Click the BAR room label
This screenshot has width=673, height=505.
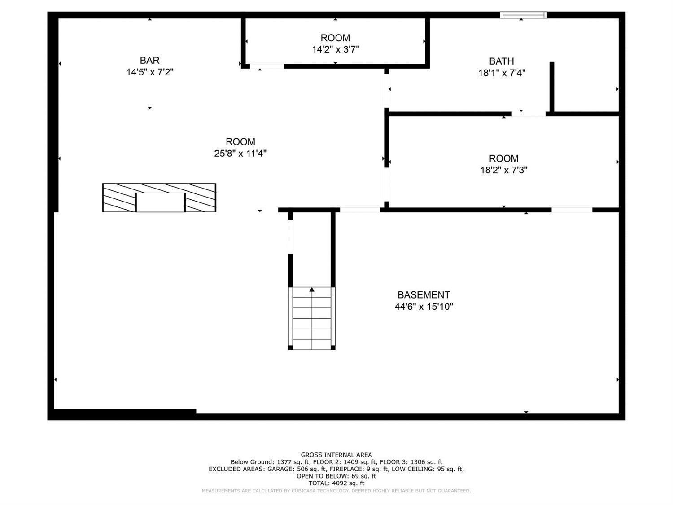pyautogui.click(x=149, y=60)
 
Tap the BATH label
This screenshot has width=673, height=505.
pyautogui.click(x=501, y=61)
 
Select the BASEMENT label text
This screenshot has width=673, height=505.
pyautogui.click(x=424, y=295)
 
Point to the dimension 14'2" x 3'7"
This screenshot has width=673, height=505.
pyautogui.click(x=336, y=49)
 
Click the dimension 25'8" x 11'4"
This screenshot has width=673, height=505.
pyautogui.click(x=240, y=154)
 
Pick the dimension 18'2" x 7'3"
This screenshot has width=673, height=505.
pyautogui.click(x=504, y=170)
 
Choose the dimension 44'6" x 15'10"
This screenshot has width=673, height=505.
pyautogui.click(x=424, y=307)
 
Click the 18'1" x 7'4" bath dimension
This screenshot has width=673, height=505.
pyautogui.click(x=502, y=73)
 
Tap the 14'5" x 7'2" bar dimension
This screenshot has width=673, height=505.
pyautogui.click(x=150, y=72)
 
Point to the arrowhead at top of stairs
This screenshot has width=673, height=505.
pyautogui.click(x=312, y=289)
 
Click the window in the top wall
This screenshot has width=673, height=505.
pyautogui.click(x=524, y=15)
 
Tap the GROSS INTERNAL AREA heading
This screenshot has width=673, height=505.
pyautogui.click(x=336, y=455)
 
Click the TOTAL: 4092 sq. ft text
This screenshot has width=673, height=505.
pyautogui.click(x=336, y=483)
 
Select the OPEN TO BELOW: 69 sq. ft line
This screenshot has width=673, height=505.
pyautogui.click(x=336, y=476)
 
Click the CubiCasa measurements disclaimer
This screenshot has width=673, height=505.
pyautogui.click(x=336, y=491)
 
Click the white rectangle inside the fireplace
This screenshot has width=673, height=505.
pyautogui.click(x=161, y=202)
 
